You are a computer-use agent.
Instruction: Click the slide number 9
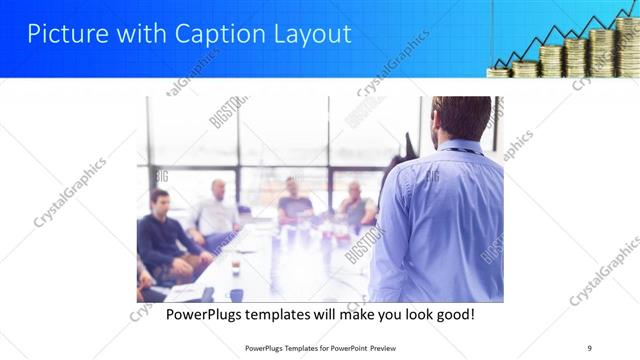point(590,348)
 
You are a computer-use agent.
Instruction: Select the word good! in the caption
point(453,314)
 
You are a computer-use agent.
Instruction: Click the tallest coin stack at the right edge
point(628,45)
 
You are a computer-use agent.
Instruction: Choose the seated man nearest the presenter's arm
point(356,205)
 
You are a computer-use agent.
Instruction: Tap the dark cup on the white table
point(235,267)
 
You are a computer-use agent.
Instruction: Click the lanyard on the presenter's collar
point(460,151)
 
